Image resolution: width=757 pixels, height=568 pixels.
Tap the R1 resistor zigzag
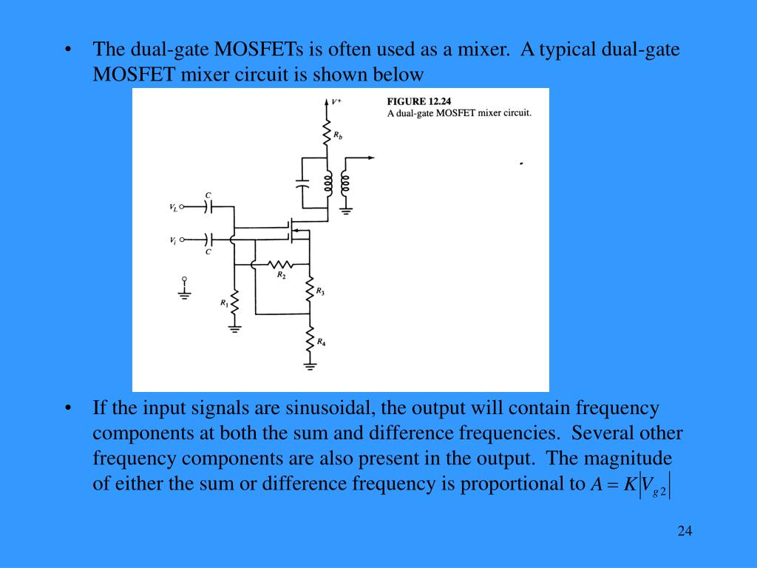click(x=234, y=302)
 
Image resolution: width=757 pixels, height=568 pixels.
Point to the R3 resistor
click(x=310, y=291)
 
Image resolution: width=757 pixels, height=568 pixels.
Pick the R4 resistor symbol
click(x=310, y=341)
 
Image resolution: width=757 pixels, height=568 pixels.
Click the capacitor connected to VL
click(x=208, y=207)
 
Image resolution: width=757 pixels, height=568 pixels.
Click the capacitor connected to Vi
click(x=208, y=240)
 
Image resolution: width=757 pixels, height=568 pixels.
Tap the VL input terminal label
click(x=173, y=208)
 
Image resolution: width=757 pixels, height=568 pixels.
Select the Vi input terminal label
click(x=173, y=240)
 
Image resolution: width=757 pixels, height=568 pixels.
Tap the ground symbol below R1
click(x=234, y=328)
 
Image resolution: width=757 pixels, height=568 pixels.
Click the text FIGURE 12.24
click(x=419, y=101)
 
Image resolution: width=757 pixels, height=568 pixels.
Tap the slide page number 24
click(x=684, y=531)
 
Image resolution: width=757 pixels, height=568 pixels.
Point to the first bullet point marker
click(x=68, y=50)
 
